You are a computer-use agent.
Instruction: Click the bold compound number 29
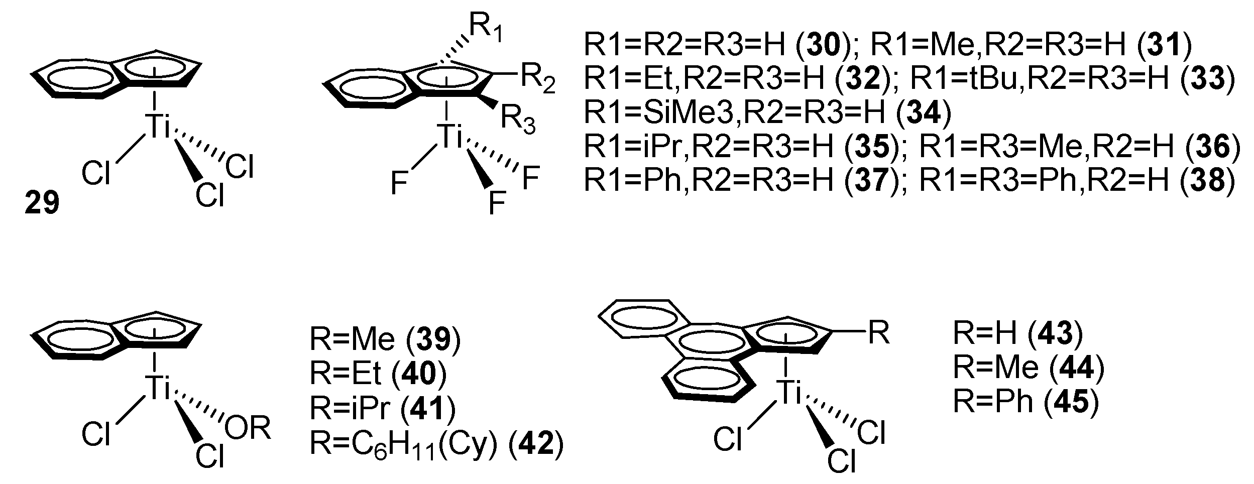[42, 204]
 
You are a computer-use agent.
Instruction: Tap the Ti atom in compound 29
[157, 126]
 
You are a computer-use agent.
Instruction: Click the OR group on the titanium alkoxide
[248, 428]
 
